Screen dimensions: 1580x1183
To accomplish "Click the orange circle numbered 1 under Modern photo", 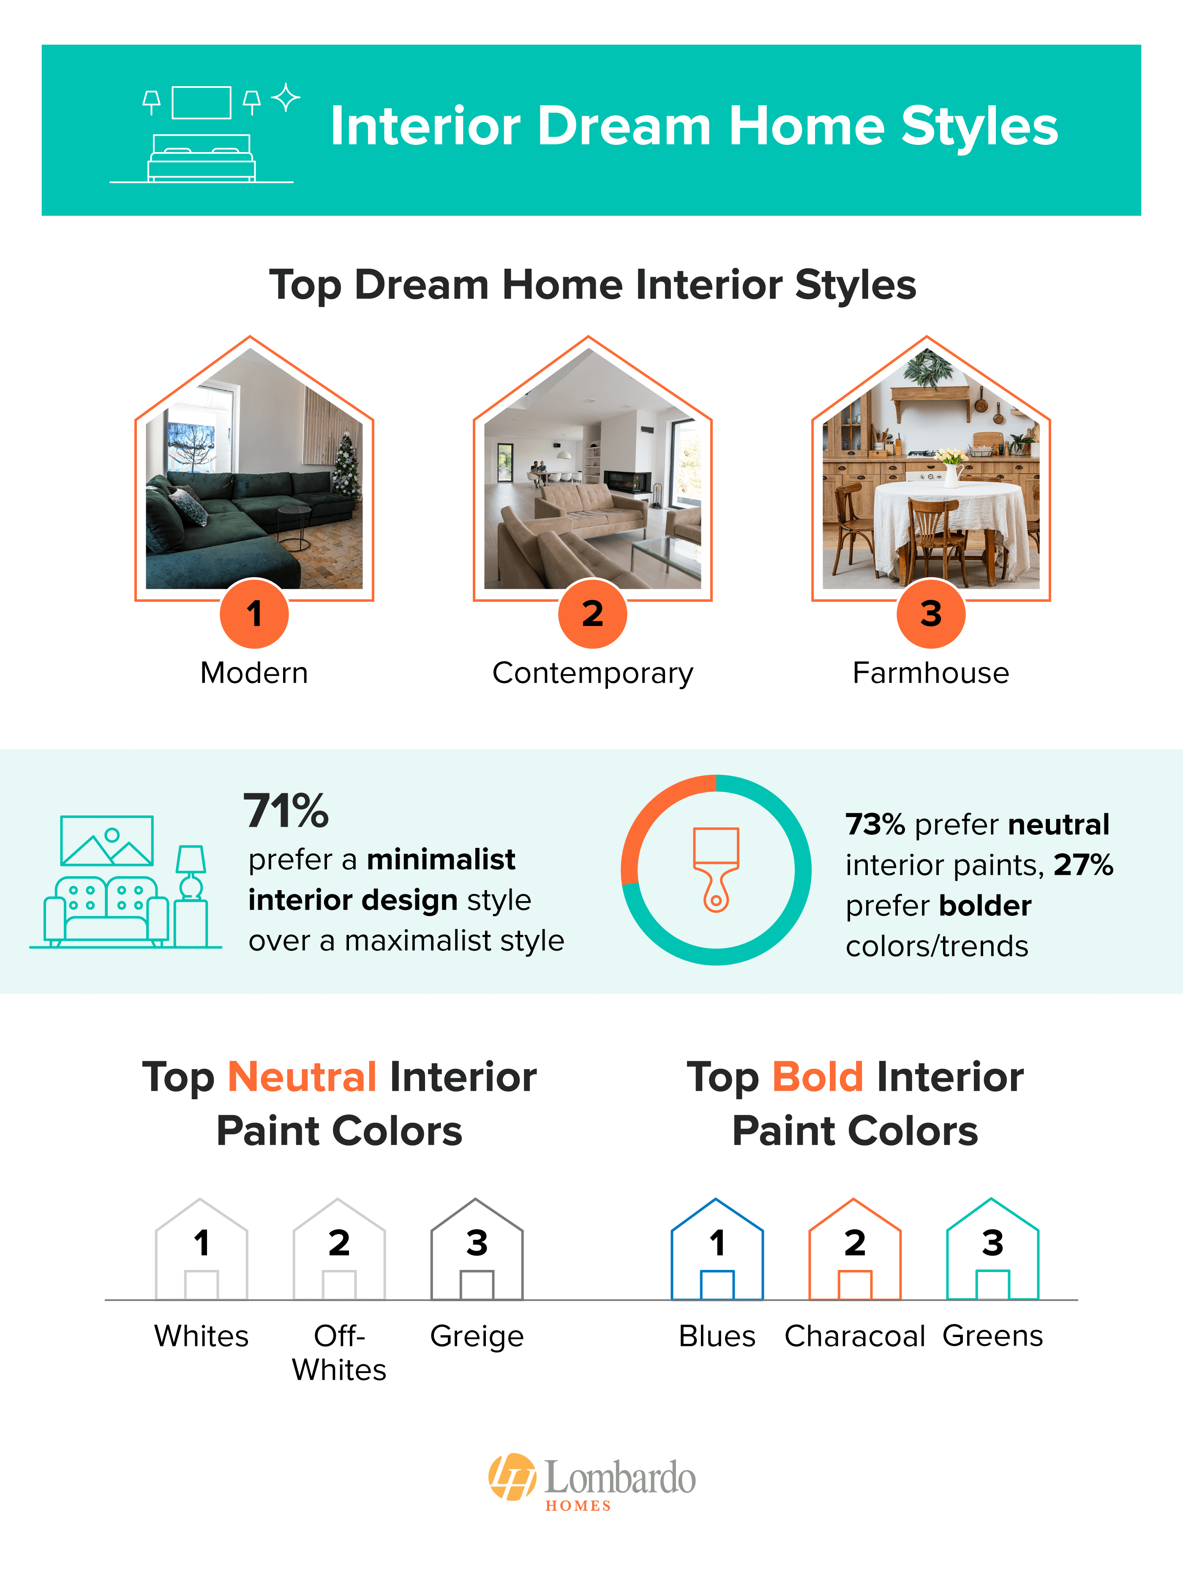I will (254, 613).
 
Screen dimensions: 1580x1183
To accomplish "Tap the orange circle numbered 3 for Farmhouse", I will (931, 613).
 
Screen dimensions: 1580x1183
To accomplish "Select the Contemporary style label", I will (592, 673).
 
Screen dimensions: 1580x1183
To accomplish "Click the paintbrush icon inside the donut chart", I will (716, 869).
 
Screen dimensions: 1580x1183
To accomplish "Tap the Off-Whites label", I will (339, 1353).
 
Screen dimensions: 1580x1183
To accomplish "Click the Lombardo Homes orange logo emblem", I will (512, 1476).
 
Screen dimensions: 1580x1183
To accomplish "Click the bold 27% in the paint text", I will (1083, 865).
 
